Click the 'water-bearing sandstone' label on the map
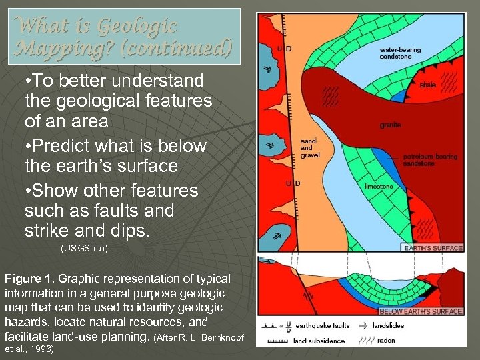(400, 53)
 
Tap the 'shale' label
(428, 85)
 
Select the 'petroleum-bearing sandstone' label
(430, 159)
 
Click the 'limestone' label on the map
(379, 187)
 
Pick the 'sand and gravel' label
(310, 148)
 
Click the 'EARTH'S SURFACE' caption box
(432, 248)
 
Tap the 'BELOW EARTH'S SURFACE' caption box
(420, 311)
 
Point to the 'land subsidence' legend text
(319, 341)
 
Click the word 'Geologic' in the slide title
(137, 27)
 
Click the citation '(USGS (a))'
(84, 249)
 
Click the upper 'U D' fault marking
(283, 47)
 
